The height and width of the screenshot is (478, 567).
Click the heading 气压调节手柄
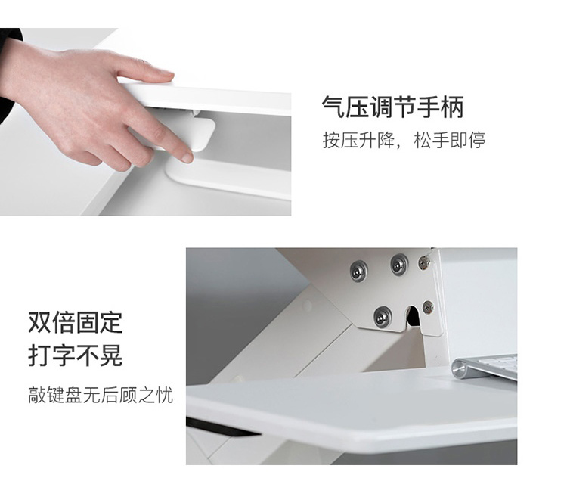pyautogui.click(x=392, y=107)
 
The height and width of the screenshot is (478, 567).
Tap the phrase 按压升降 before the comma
pyautogui.click(x=358, y=141)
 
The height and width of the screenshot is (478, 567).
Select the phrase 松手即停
pyautogui.click(x=450, y=141)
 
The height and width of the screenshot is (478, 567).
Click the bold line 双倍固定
pyautogui.click(x=76, y=322)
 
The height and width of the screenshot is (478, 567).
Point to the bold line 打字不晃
pyautogui.click(x=76, y=355)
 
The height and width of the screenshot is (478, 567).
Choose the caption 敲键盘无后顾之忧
pyautogui.click(x=101, y=395)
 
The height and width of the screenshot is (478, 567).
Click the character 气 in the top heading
pyautogui.click(x=333, y=107)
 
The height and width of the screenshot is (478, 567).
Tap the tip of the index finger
pyautogui.click(x=187, y=157)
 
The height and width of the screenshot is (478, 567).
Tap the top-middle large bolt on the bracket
pyautogui.click(x=399, y=265)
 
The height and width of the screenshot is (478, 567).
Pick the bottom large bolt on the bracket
pyautogui.click(x=383, y=316)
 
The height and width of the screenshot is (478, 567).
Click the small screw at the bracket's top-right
pyautogui.click(x=424, y=262)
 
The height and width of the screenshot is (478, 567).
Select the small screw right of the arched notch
pyautogui.click(x=428, y=307)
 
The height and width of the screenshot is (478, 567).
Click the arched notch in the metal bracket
pyautogui.click(x=412, y=315)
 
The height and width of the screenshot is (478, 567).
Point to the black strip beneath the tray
pyautogui.click(x=221, y=427)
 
